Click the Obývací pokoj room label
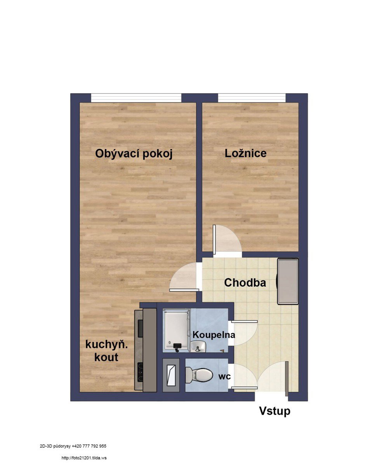134,154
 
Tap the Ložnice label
245,153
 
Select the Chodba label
245,283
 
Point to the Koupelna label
214,335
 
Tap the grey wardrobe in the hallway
288,281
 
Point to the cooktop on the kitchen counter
140,372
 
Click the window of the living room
136,97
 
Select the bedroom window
252,97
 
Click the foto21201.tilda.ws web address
84,458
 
